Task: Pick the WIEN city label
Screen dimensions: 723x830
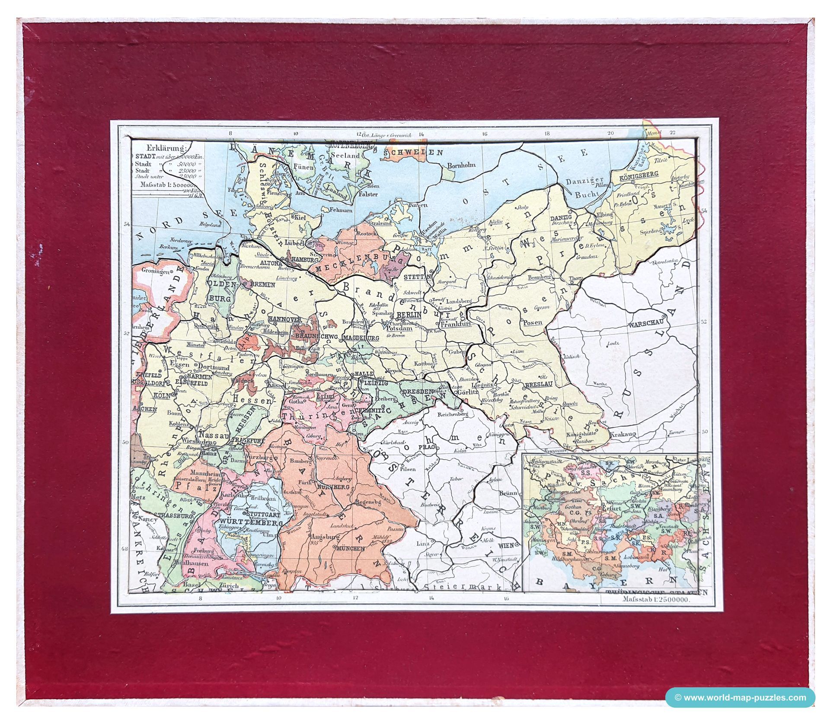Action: pyautogui.click(x=506, y=545)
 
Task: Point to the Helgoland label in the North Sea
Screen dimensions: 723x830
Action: pyautogui.click(x=210, y=224)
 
